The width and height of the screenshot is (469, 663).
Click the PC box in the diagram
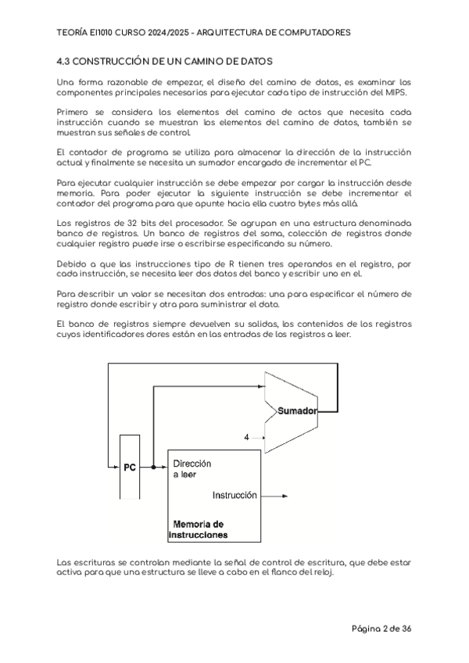coord(130,468)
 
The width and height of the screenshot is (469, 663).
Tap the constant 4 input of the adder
coord(247,438)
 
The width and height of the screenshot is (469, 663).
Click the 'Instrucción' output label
coord(235,495)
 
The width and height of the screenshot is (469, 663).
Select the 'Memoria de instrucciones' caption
coord(199,529)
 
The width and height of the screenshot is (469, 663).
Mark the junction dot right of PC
coord(154,468)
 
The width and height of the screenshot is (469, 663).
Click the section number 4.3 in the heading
coord(65,60)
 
